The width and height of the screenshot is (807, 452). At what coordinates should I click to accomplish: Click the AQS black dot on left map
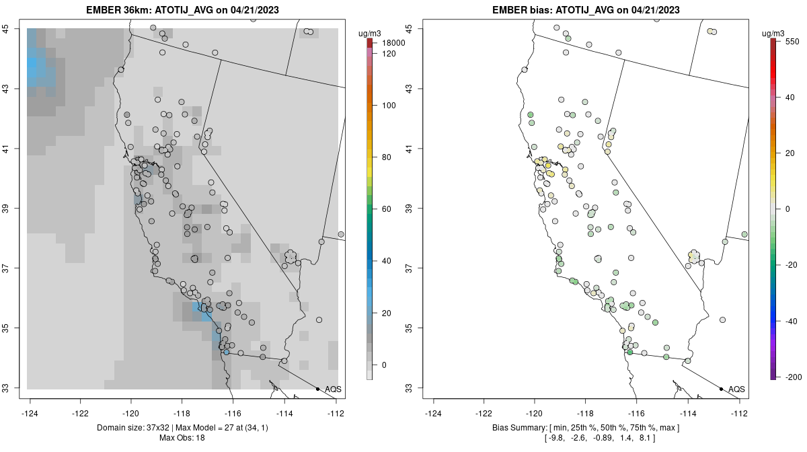317,389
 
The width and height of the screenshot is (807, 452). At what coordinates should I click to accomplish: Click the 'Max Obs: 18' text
182,438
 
